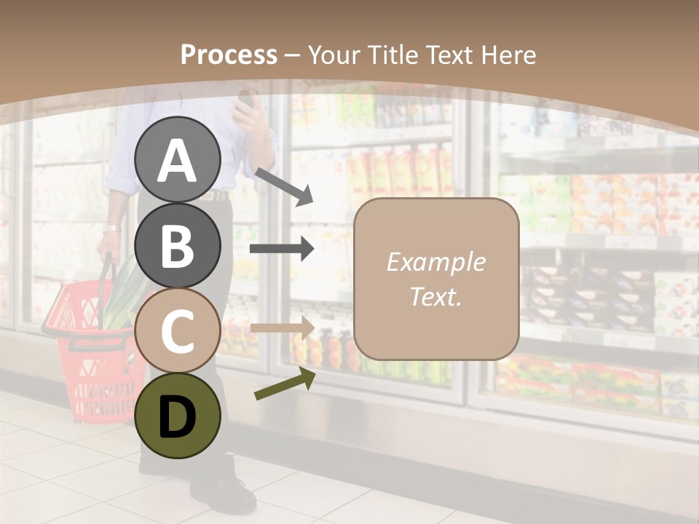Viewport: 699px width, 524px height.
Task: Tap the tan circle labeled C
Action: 177,330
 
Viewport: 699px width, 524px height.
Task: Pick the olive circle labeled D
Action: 177,416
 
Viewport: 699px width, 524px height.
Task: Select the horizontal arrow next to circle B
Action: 282,249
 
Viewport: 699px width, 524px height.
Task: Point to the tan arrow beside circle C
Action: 282,328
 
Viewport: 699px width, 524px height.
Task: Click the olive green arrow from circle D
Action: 285,385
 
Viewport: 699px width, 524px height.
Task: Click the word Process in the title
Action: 229,55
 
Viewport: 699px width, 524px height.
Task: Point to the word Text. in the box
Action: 435,296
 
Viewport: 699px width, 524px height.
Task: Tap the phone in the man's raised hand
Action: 246,98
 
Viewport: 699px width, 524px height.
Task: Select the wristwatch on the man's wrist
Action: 111,229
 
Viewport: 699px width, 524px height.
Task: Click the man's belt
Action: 215,195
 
